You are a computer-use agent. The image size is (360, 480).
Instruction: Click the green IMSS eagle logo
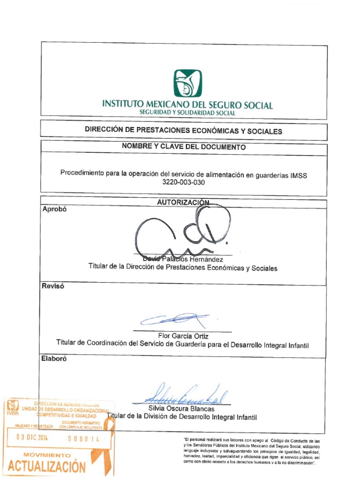coord(187,83)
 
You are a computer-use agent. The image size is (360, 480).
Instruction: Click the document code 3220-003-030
coord(184,183)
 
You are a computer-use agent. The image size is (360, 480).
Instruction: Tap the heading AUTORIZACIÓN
coord(183,202)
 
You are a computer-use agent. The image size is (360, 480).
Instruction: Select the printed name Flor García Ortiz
coord(183,336)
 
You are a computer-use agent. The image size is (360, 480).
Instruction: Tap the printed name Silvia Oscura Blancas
coord(181,409)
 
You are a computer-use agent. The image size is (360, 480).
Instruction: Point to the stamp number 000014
coord(84,439)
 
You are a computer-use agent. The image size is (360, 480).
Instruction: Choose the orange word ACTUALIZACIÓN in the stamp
coord(47,467)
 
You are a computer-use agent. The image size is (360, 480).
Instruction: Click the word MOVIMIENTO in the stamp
coord(47,455)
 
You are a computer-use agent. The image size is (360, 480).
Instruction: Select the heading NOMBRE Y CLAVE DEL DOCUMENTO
coord(184,147)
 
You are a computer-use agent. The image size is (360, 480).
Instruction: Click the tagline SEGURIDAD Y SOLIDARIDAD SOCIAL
coord(187,113)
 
